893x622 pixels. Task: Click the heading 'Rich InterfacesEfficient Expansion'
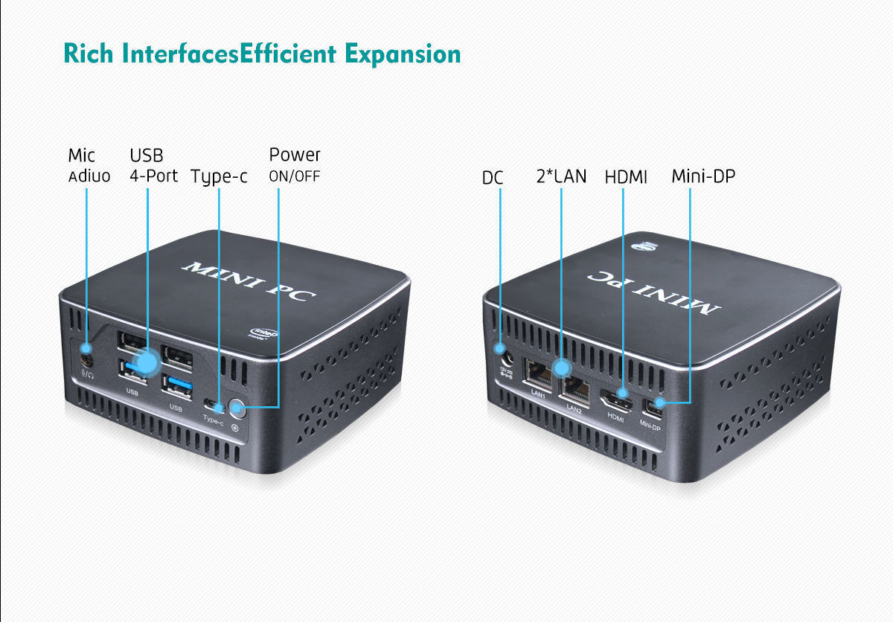(262, 54)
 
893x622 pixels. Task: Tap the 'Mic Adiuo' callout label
(89, 165)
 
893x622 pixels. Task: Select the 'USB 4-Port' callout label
(153, 165)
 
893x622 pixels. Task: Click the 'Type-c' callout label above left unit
(219, 177)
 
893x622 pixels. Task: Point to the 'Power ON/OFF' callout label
(294, 165)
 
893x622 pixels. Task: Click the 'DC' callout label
(493, 178)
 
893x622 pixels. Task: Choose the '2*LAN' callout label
(561, 176)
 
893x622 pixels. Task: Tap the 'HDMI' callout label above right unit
(625, 177)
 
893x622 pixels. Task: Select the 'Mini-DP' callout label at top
(704, 176)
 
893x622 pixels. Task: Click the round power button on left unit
(237, 407)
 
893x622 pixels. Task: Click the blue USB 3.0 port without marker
(179, 385)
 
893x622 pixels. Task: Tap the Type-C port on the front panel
(214, 405)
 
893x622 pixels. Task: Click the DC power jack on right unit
(501, 348)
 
